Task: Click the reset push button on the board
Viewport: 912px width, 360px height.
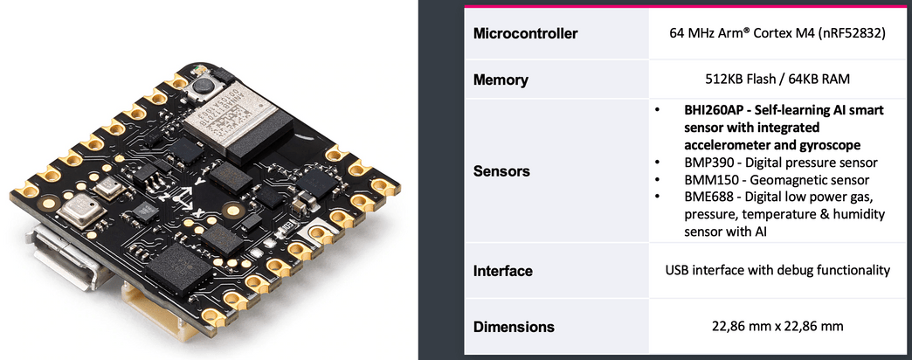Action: pyautogui.click(x=204, y=85)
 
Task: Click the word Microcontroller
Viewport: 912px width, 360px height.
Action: pyautogui.click(x=526, y=34)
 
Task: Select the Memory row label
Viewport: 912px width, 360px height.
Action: pyautogui.click(x=501, y=80)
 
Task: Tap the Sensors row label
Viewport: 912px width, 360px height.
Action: pyautogui.click(x=501, y=171)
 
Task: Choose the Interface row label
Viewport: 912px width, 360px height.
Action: pyautogui.click(x=502, y=271)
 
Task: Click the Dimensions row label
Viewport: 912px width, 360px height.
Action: pyautogui.click(x=514, y=327)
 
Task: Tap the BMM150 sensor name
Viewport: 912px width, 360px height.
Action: pyautogui.click(x=701, y=180)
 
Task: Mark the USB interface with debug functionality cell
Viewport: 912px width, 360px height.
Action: pyautogui.click(x=776, y=270)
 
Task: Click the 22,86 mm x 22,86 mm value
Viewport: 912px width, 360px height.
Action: pyautogui.click(x=776, y=327)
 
